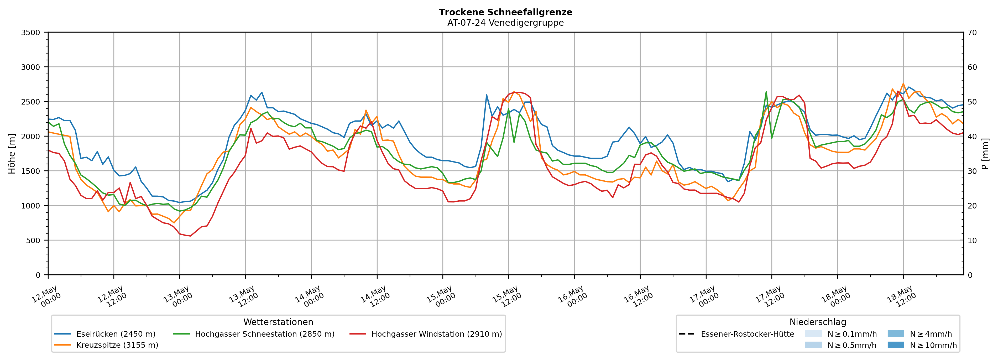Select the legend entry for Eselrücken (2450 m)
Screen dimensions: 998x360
point(105,334)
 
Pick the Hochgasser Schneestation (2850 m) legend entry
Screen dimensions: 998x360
point(254,334)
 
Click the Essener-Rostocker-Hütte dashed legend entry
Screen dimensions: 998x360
point(736,334)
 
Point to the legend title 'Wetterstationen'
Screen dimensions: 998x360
point(278,322)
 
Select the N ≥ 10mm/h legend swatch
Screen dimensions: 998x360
point(896,345)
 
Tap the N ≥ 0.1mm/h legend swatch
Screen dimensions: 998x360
point(813,334)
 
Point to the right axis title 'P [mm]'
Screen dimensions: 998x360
point(986,153)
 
